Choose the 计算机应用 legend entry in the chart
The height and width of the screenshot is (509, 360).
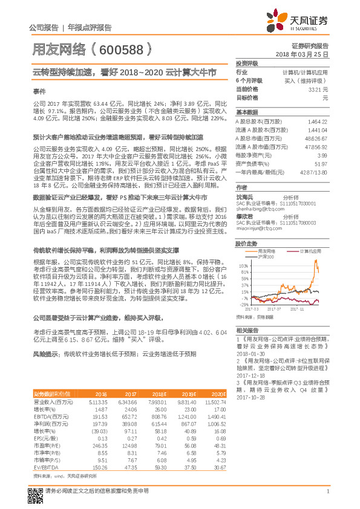[x=313, y=250]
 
